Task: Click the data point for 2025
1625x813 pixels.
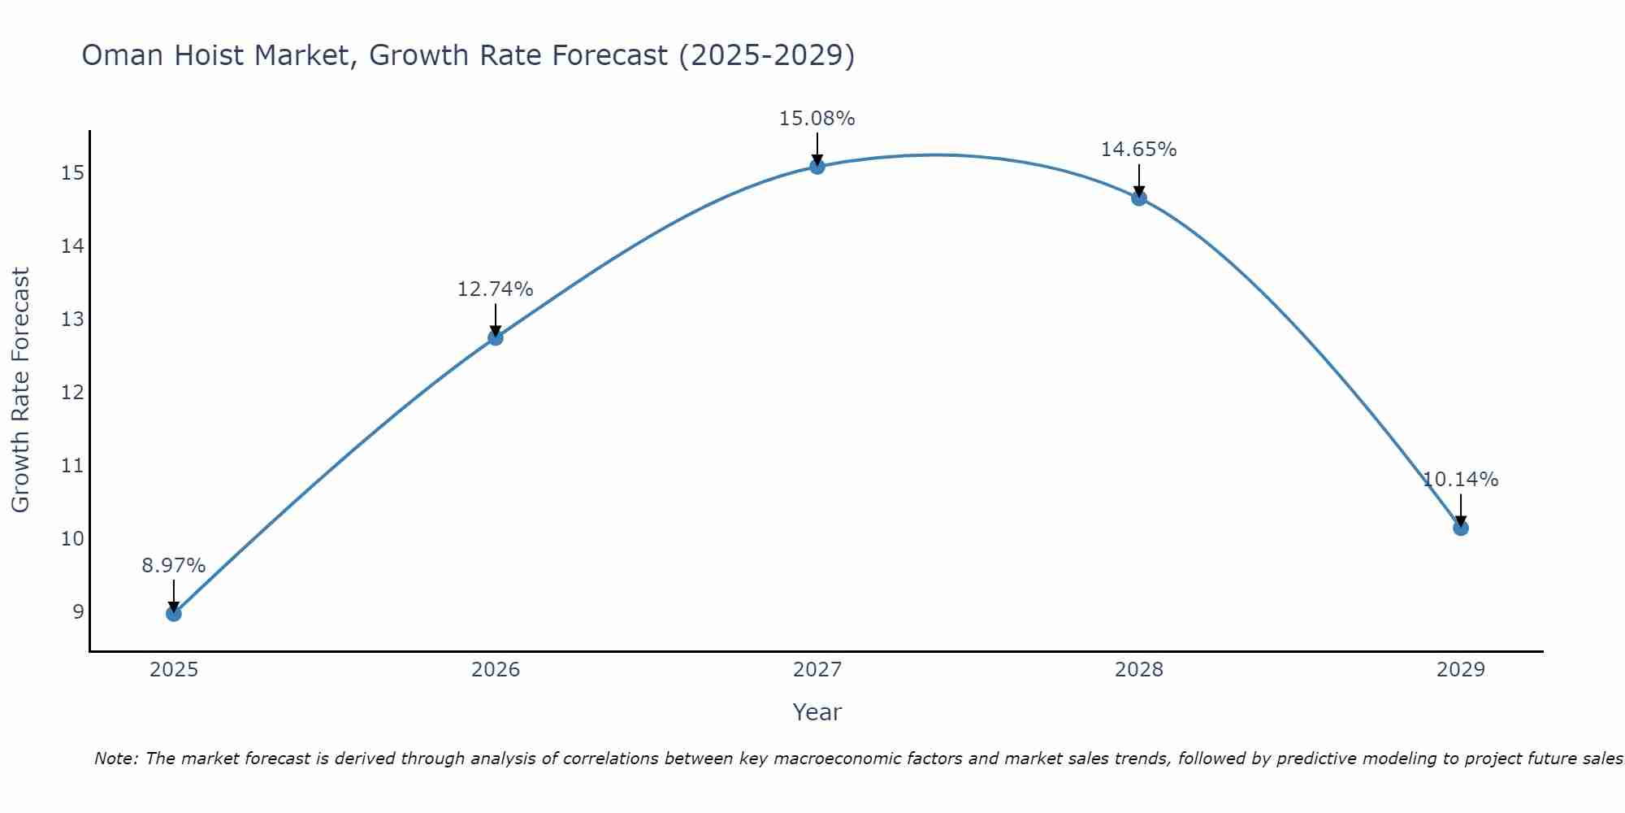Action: [174, 613]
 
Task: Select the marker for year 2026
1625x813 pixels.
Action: [496, 337]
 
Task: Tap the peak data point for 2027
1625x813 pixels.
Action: [817, 167]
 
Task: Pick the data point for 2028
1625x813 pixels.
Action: [1139, 198]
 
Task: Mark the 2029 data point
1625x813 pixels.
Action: [1460, 528]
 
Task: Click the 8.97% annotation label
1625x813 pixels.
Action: [174, 566]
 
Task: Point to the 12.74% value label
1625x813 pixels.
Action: [496, 289]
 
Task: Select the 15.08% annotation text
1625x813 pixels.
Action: [817, 119]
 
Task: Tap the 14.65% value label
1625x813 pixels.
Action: [1139, 150]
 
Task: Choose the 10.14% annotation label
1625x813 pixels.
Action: [1460, 480]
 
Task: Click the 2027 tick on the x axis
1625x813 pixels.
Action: [817, 670]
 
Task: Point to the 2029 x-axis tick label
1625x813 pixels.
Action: [1460, 670]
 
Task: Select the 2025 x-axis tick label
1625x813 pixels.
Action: [174, 670]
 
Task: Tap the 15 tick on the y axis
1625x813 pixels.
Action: [72, 172]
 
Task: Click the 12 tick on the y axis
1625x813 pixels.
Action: [72, 392]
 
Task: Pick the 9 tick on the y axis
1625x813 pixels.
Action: [78, 611]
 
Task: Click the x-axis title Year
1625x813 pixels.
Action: [817, 712]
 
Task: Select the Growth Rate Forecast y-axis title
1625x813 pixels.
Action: [21, 390]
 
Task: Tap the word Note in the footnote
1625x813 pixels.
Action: [116, 759]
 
